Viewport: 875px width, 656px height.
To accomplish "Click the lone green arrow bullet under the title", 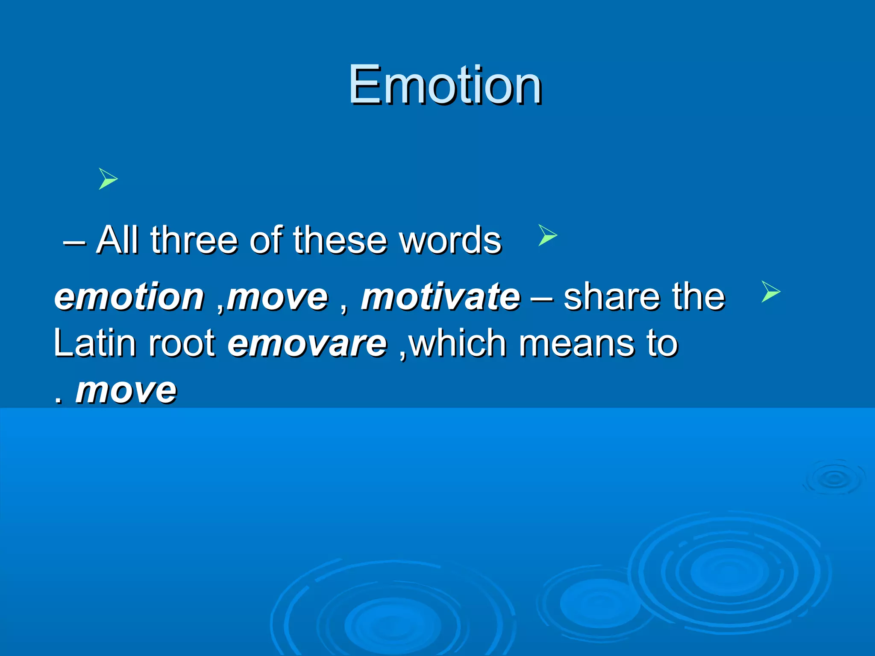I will [x=108, y=179].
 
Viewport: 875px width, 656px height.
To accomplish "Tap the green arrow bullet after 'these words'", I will [x=547, y=235].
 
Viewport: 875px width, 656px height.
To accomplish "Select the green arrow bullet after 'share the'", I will [x=770, y=292].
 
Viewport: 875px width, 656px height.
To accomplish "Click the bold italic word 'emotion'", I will [x=129, y=296].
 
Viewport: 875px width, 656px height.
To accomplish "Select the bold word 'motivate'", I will [x=440, y=296].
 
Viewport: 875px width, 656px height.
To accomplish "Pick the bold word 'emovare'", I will [x=307, y=343].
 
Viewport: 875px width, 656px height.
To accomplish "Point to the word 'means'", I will [x=576, y=343].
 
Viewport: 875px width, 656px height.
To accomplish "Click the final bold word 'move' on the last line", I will [x=126, y=390].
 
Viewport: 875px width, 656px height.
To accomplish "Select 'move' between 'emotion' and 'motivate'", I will [x=278, y=296].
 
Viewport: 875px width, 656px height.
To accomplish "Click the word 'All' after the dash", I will [x=117, y=240].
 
